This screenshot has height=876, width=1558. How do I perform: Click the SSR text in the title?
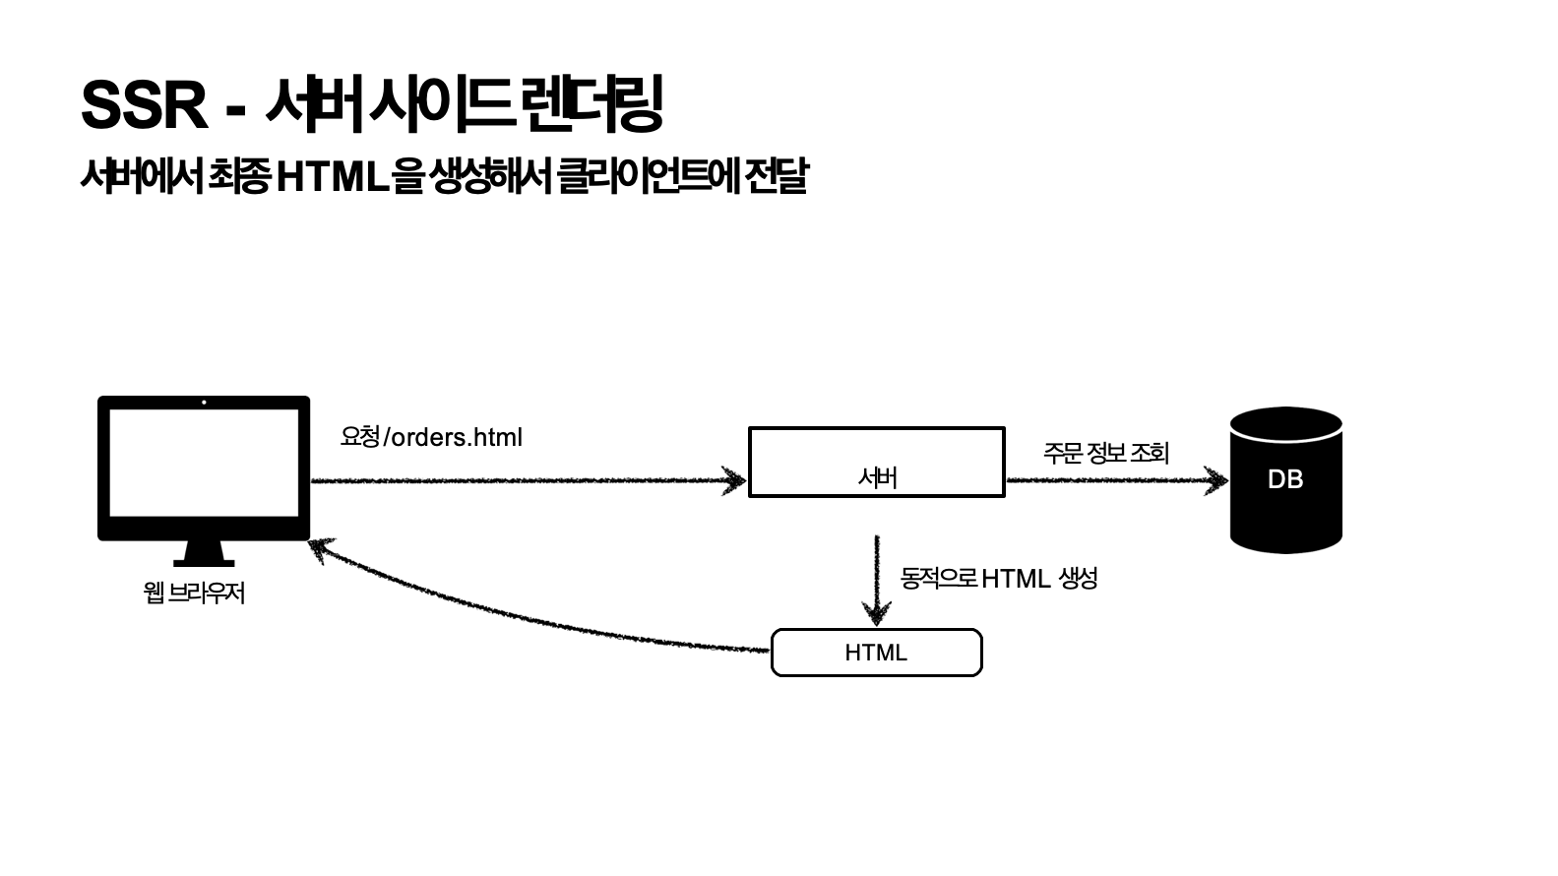144,105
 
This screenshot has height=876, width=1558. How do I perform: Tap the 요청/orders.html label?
431,437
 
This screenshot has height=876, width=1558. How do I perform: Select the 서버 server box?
876,462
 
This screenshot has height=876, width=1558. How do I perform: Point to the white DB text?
1285,479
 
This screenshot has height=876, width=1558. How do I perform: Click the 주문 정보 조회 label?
1105,453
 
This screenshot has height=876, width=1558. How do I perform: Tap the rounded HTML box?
876,653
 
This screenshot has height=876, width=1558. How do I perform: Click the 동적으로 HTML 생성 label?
998,578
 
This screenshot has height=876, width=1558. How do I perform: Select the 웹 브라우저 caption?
194,593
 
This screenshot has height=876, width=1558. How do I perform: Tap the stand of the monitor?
204,554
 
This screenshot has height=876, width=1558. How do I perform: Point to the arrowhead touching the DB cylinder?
1217,480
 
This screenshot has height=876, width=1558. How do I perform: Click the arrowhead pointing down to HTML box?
876,614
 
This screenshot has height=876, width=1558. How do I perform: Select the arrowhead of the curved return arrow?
321,548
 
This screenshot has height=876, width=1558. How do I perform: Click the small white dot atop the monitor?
204,402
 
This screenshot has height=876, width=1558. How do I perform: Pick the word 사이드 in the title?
440,103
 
